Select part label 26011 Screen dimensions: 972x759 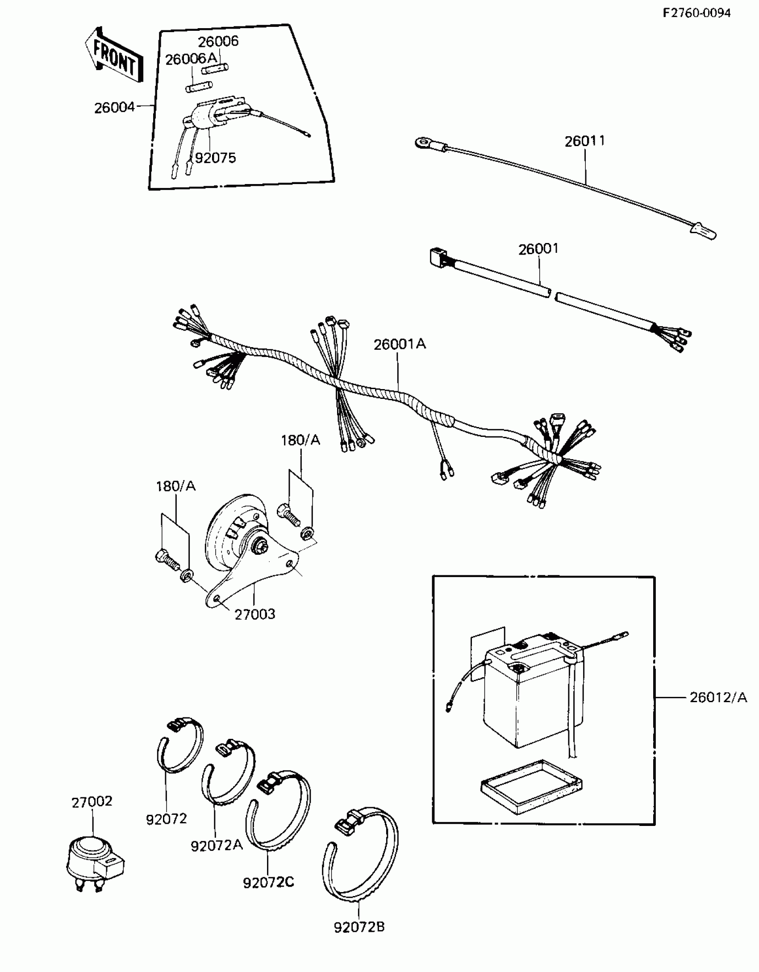click(x=585, y=141)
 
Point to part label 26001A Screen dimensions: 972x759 click(x=400, y=344)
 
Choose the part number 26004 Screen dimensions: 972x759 click(x=114, y=108)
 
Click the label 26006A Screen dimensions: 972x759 click(x=191, y=59)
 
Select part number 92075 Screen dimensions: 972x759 click(x=215, y=158)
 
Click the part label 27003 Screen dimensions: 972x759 click(x=255, y=614)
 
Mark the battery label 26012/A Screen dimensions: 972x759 click(x=718, y=697)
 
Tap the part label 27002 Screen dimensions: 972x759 click(x=92, y=802)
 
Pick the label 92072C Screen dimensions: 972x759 click(x=268, y=882)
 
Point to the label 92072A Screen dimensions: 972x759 click(x=217, y=846)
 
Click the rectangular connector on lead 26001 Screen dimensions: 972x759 click(x=435, y=256)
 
